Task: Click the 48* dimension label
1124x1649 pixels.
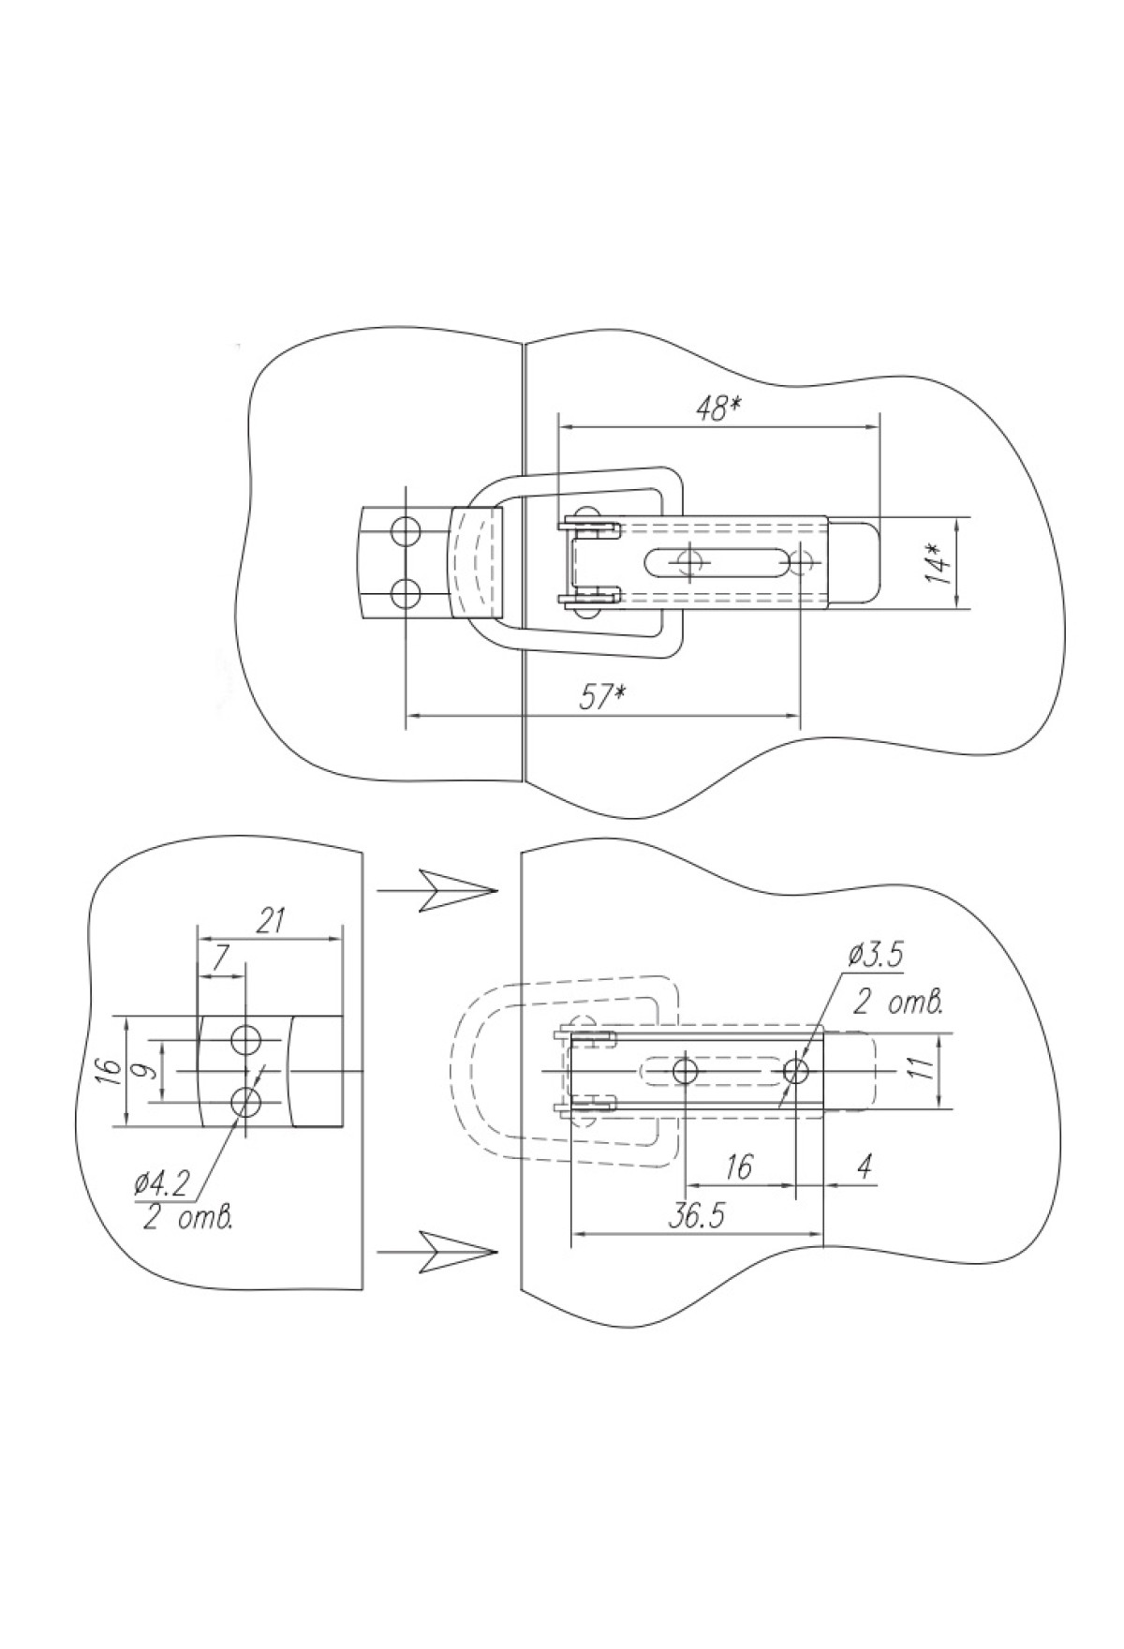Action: tap(719, 409)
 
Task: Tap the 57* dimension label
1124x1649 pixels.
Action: tap(601, 698)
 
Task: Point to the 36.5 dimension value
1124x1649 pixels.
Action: tap(697, 1215)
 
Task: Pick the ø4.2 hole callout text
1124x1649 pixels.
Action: tap(163, 1184)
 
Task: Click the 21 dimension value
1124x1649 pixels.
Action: tap(270, 921)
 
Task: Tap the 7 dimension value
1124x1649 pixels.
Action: tap(221, 958)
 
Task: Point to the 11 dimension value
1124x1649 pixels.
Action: tap(923, 1068)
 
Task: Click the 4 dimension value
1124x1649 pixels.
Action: tap(865, 1167)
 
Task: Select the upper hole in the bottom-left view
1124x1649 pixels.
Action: tap(246, 1038)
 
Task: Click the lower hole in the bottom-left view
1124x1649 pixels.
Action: tap(246, 1102)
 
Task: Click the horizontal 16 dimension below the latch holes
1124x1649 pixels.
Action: tap(739, 1167)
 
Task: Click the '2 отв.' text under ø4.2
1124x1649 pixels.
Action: tap(188, 1219)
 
